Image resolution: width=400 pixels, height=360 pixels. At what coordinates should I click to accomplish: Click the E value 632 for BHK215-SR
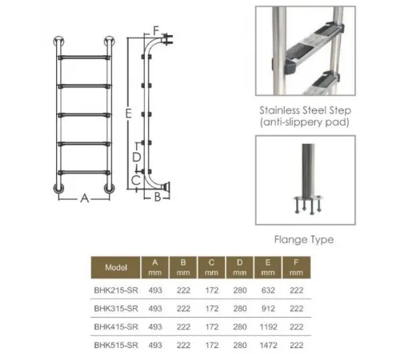[268, 290]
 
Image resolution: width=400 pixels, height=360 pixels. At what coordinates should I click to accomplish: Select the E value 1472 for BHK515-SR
[268, 345]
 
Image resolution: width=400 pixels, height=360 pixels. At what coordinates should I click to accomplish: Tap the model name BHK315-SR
[116, 309]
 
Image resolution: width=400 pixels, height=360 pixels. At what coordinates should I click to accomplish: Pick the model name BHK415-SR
[116, 326]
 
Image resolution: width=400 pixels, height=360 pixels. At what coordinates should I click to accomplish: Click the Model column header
[116, 267]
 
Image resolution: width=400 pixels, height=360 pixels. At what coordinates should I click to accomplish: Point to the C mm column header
[211, 267]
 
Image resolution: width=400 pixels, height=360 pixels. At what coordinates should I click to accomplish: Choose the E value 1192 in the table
[268, 326]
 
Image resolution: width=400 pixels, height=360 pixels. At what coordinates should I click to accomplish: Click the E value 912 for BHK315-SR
[268, 309]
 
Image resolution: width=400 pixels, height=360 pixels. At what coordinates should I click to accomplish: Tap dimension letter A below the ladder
[85, 198]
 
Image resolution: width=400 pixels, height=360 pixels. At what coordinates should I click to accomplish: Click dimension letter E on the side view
[128, 114]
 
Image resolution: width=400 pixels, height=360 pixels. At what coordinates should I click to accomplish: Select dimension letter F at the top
[156, 30]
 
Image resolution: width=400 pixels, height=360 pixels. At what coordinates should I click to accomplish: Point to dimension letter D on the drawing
[137, 157]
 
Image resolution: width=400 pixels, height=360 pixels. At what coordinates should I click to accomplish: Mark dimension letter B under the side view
[158, 197]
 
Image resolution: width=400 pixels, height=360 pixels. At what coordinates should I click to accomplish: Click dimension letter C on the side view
[136, 180]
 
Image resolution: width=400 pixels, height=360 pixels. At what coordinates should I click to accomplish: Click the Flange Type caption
[304, 239]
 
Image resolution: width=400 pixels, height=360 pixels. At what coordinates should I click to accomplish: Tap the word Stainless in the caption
[279, 110]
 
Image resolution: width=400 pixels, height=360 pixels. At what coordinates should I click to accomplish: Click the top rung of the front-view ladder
[84, 58]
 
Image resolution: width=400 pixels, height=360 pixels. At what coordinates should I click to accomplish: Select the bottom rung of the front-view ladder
[84, 173]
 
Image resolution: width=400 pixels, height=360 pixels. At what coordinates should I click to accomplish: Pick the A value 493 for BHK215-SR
[155, 290]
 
